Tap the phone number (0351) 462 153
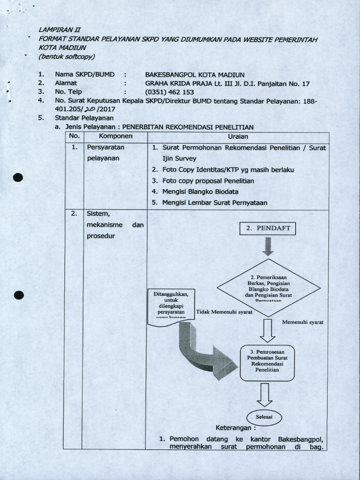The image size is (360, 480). click(x=169, y=92)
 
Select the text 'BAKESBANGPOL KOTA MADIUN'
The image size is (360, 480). click(x=195, y=75)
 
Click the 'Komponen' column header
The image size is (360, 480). click(x=115, y=136)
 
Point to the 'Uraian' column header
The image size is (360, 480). click(x=238, y=136)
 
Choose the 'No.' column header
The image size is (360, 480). click(x=74, y=136)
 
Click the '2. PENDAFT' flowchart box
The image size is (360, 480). click(x=268, y=229)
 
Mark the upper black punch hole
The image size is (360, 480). click(x=18, y=177)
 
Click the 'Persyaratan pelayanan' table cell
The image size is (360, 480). click(x=103, y=153)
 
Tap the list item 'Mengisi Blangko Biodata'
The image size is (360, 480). click(x=200, y=192)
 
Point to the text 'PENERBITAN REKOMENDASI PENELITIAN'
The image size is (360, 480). click(x=188, y=127)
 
